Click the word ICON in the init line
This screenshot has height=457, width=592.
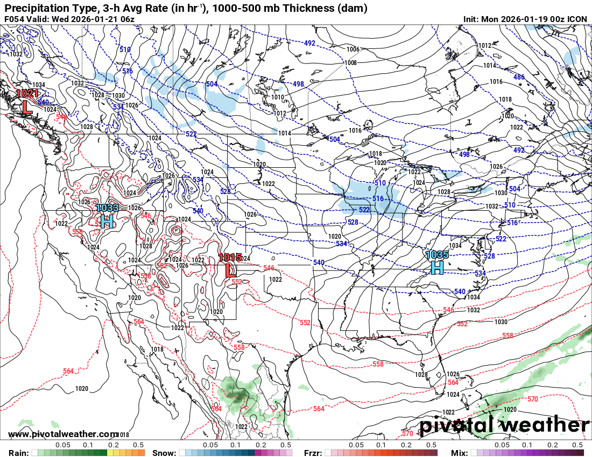(577, 19)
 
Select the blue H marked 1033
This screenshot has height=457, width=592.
(107, 220)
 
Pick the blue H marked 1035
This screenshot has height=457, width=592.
(437, 267)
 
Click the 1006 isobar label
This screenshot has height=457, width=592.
(353, 49)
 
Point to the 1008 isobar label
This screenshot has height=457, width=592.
(350, 63)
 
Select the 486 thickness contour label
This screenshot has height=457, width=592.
(518, 77)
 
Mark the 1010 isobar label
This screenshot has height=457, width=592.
(278, 97)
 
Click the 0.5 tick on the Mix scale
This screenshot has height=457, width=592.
(577, 445)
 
